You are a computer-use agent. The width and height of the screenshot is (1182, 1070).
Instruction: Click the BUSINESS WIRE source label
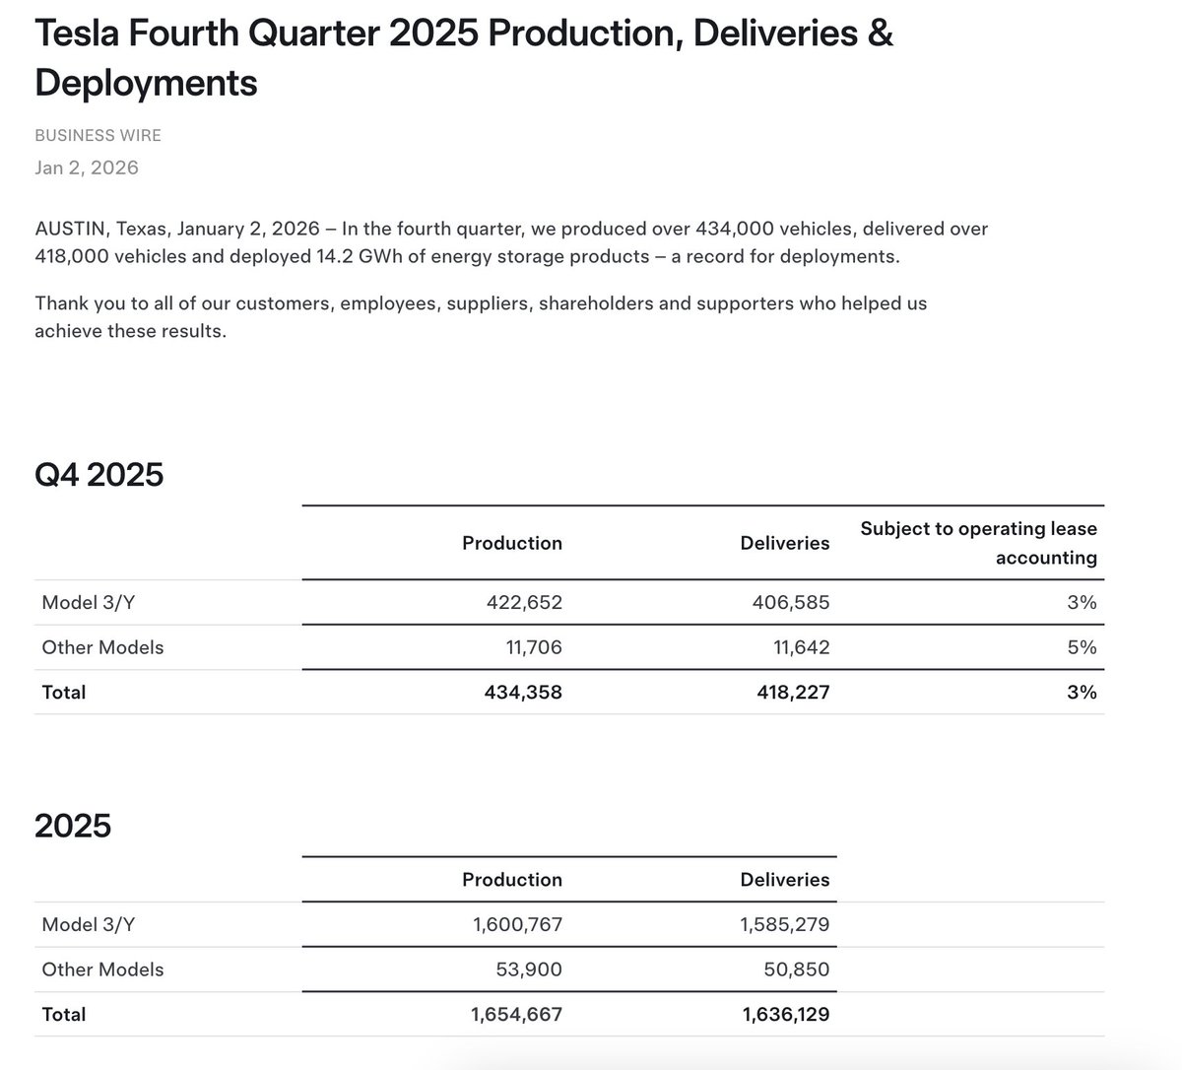click(x=98, y=136)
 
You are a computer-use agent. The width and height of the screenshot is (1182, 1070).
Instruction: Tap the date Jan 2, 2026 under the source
click(x=87, y=167)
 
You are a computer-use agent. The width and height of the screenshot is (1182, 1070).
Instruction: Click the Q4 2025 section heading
click(x=98, y=475)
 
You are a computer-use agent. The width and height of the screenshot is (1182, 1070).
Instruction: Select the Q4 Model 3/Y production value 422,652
click(x=524, y=602)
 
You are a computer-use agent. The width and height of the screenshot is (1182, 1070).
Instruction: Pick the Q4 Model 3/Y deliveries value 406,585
click(x=791, y=602)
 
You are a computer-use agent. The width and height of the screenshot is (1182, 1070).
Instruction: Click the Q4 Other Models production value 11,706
click(x=530, y=647)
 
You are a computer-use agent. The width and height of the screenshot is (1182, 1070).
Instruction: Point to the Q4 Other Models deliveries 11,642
click(x=797, y=647)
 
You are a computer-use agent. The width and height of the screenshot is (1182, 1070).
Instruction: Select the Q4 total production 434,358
click(x=523, y=693)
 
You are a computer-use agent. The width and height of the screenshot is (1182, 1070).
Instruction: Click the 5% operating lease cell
click(x=1081, y=647)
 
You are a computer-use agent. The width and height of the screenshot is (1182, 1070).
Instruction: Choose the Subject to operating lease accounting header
click(x=978, y=543)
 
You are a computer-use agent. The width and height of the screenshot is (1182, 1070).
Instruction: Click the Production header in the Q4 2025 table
click(x=512, y=543)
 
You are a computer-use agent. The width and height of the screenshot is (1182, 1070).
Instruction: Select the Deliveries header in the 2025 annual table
click(x=784, y=880)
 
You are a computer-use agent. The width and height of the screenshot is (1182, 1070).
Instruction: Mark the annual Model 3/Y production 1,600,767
click(x=517, y=925)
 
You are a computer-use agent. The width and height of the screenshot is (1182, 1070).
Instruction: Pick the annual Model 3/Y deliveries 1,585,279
click(x=784, y=925)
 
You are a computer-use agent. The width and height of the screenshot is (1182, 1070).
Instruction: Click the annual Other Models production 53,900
click(x=528, y=970)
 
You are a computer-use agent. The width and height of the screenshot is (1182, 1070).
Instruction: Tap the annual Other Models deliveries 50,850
click(x=796, y=970)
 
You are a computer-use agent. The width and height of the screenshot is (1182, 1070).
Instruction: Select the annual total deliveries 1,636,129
click(x=785, y=1015)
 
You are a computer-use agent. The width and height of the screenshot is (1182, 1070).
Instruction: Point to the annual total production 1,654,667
click(x=516, y=1015)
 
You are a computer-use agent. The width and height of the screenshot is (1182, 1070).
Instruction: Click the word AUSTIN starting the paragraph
click(x=71, y=229)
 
